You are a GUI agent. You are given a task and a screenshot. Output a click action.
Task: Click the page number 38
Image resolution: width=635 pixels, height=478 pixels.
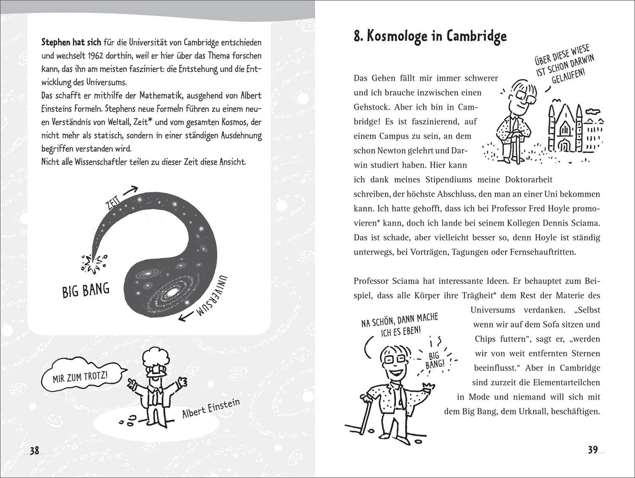point(35,451)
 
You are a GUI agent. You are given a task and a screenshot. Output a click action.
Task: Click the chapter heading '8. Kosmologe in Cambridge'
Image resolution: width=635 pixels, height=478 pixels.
point(430,36)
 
